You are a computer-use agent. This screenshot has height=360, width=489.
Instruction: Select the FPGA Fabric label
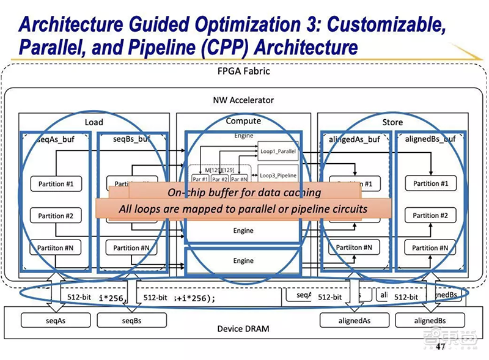(x=244, y=71)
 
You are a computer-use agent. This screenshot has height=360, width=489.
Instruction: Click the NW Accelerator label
(x=243, y=100)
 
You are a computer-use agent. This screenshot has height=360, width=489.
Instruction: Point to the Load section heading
(x=94, y=122)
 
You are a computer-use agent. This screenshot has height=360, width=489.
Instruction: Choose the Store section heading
(x=392, y=122)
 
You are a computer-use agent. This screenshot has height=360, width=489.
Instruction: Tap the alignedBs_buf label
(x=430, y=139)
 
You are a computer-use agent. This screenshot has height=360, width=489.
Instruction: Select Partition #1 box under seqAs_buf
(x=56, y=183)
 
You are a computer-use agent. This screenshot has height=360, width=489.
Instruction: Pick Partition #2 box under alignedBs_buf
(x=430, y=216)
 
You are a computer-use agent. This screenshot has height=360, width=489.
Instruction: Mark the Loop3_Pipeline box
(x=279, y=175)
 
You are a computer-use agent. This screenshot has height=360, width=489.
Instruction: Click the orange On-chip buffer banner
(x=244, y=193)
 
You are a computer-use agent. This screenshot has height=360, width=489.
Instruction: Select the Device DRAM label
(x=243, y=329)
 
